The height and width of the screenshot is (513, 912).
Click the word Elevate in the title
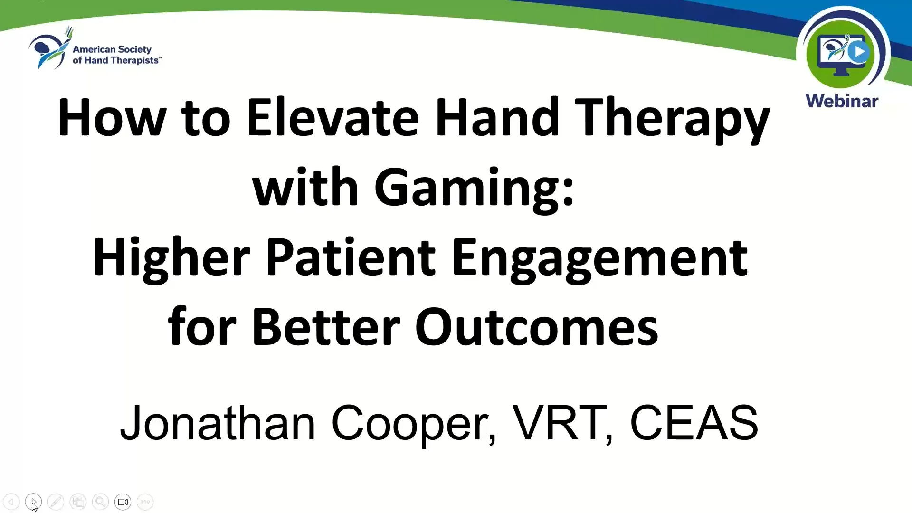coord(332,117)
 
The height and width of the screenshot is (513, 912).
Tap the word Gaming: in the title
coord(474,188)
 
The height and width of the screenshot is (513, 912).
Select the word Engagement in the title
coord(599,258)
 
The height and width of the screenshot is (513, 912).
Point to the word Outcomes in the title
coord(537,328)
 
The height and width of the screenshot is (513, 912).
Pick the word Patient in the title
coord(350,258)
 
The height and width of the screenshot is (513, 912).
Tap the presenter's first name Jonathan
coord(218,423)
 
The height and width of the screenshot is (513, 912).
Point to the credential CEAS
coord(693,423)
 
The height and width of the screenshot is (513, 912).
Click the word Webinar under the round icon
coord(842,101)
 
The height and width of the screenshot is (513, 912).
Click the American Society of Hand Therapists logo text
coord(116,55)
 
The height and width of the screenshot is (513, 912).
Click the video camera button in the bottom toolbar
coord(123,502)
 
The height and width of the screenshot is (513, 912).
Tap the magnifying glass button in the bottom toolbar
coord(100,502)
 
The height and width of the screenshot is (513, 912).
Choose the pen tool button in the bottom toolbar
coord(56,502)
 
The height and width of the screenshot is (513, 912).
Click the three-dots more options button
coord(145,502)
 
